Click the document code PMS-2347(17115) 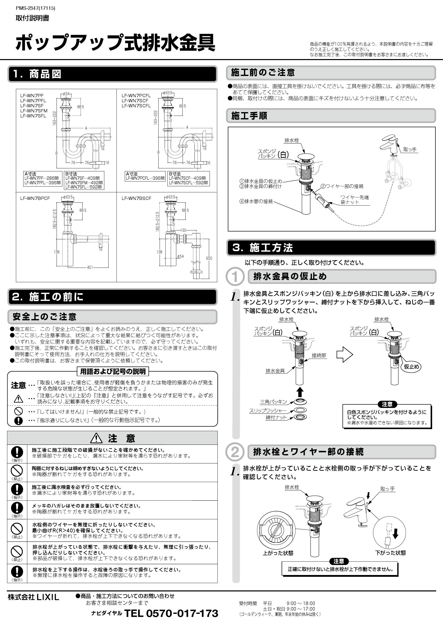click(x=35, y=8)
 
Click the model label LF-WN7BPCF click(x=35, y=198)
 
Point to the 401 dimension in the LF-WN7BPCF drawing click(x=90, y=268)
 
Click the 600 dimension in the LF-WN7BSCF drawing click(x=209, y=258)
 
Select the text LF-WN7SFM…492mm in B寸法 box click(x=84, y=183)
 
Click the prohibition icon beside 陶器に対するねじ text click(x=17, y=471)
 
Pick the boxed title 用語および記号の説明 click(x=113, y=371)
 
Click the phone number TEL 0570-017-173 click(x=171, y=613)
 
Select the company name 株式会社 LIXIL click(x=33, y=597)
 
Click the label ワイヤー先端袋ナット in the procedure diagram click(x=354, y=200)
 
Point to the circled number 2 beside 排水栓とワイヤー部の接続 click(x=235, y=452)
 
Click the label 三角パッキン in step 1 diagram click(x=273, y=402)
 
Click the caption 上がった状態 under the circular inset click(x=278, y=553)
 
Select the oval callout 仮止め click(x=411, y=367)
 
